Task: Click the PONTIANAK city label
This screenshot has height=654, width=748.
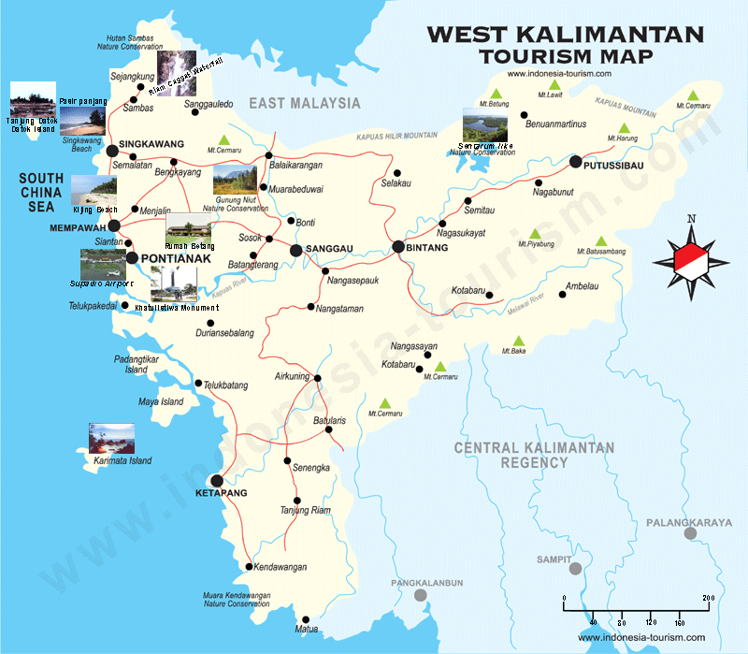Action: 174,258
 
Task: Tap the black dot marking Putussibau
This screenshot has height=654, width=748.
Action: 576,161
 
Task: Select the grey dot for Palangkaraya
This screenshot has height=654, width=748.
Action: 690,533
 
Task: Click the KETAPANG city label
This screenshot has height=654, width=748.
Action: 222,492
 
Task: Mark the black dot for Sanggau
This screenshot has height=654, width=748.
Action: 295,250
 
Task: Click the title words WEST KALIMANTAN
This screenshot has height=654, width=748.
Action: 565,35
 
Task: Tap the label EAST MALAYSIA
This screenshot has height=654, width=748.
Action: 304,103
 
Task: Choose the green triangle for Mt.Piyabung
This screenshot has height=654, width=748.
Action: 535,233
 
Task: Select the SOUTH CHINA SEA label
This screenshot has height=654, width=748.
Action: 41,193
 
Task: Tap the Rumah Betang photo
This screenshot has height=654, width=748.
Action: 189,231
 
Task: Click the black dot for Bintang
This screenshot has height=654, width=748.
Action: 397,247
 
